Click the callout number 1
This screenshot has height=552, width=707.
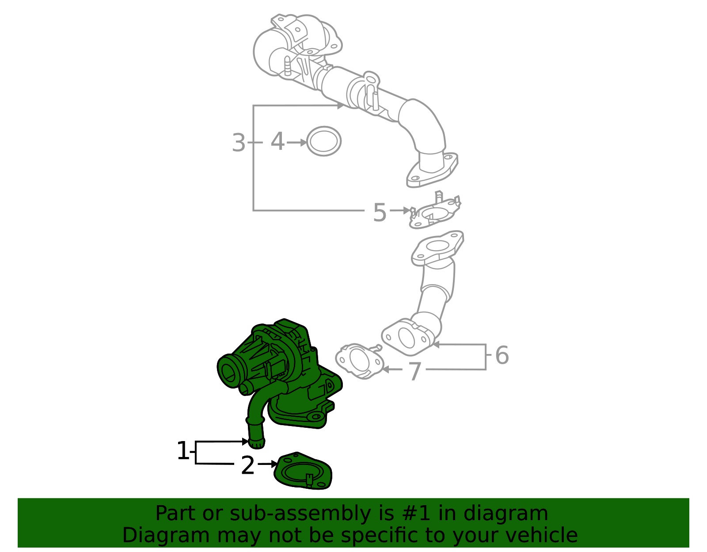point(183,451)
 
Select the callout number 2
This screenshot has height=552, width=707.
point(247,465)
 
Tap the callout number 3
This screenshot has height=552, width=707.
point(239,143)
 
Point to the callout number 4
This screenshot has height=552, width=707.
point(277,141)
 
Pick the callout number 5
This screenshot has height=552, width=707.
point(380,213)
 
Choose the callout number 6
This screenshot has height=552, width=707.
point(502,355)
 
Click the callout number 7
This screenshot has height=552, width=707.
point(414,372)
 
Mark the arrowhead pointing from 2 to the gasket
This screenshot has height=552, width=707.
point(274,464)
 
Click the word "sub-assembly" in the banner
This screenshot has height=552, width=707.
point(300,514)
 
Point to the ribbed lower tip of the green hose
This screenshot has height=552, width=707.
point(257,443)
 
